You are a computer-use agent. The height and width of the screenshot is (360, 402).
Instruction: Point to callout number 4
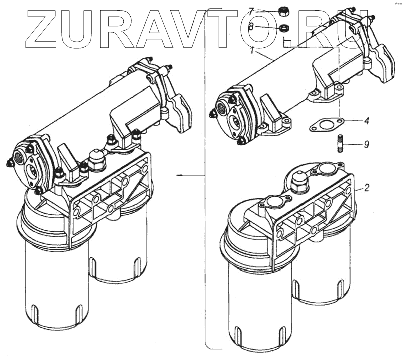coord(367,121)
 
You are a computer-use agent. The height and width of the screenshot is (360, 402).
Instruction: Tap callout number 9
coord(367,144)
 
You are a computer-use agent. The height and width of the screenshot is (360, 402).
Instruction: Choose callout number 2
coord(367,188)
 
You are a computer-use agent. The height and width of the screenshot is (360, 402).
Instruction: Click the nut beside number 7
coord(283,10)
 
